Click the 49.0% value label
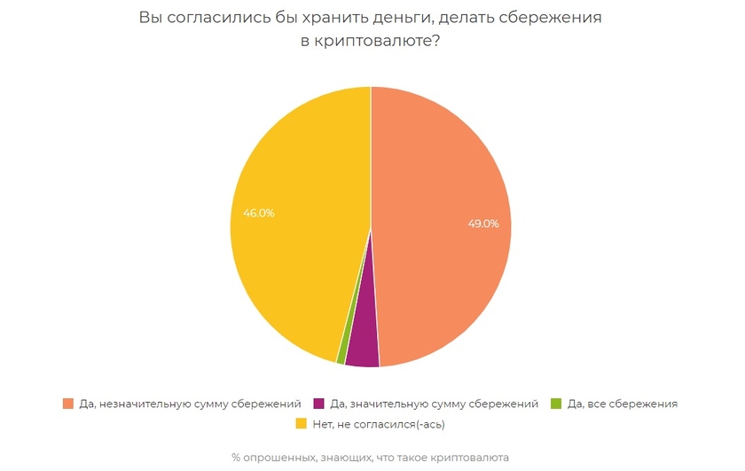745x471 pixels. (x=483, y=224)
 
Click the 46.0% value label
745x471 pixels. (x=259, y=213)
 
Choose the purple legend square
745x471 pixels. (x=319, y=404)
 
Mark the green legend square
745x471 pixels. (x=556, y=404)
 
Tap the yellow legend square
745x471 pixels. (x=300, y=424)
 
